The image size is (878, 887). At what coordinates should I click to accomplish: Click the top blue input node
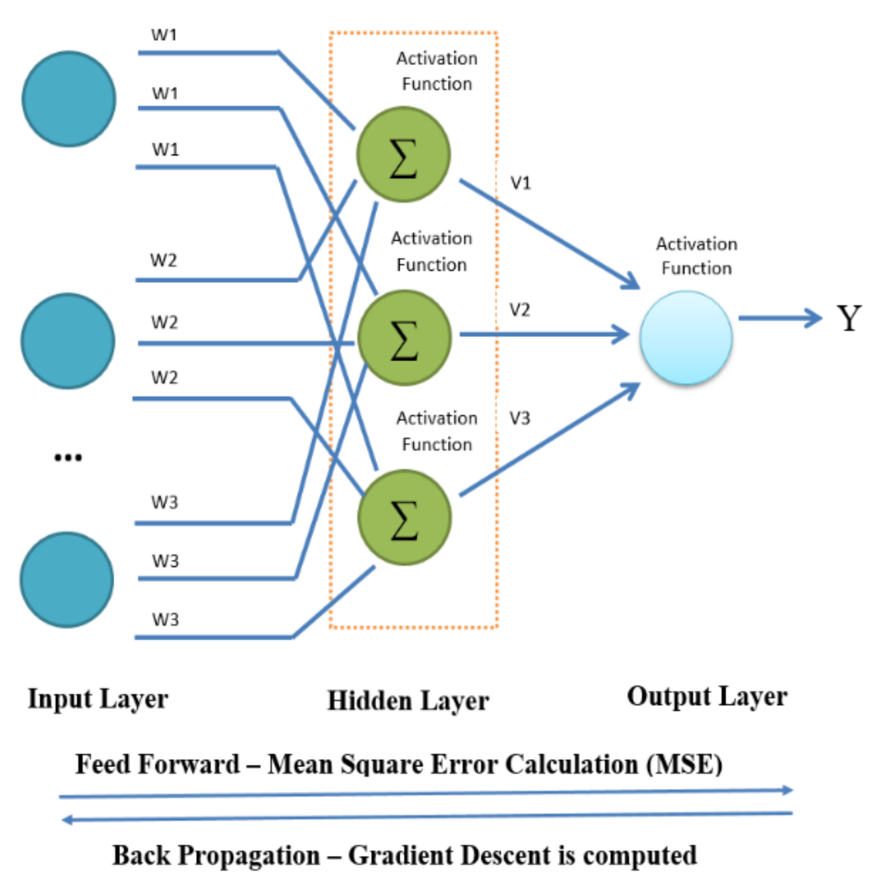pos(69,99)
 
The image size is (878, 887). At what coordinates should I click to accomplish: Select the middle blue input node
pos(68,341)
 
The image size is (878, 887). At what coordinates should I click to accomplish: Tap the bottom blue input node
pos(67,580)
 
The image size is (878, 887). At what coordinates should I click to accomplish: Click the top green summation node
pos(403,154)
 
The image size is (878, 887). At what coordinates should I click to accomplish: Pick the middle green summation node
pos(404,337)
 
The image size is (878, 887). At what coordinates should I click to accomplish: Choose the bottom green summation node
pos(404,517)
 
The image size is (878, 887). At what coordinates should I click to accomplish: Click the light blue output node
pos(686,337)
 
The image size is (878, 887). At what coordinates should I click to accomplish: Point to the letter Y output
pos(849,318)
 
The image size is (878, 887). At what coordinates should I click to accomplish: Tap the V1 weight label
pos(520,183)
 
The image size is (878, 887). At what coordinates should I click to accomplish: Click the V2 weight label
pos(520,310)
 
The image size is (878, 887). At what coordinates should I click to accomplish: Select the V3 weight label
pos(520,418)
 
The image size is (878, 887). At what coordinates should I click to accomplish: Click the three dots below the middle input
pos(68,457)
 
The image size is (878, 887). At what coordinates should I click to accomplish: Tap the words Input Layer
pos(98,699)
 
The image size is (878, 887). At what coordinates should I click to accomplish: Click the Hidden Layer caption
pos(408,701)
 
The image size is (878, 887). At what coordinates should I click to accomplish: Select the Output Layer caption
pos(707,697)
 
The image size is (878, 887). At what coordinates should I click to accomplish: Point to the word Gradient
pos(401,855)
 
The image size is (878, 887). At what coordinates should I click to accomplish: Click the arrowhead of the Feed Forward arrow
pos(787,790)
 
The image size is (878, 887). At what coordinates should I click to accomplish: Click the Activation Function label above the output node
pos(696,256)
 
